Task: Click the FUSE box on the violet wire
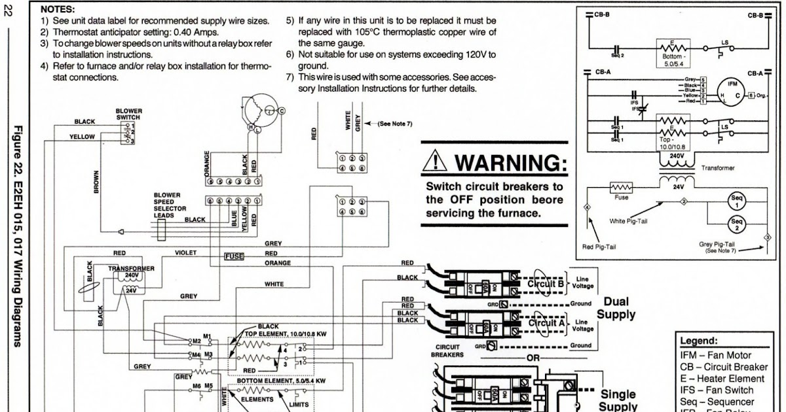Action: click(x=234, y=256)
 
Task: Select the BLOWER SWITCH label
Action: click(x=128, y=114)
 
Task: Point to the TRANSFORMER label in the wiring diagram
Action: click(x=132, y=268)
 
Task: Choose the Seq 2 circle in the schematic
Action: click(x=737, y=225)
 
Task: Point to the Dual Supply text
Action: click(x=616, y=308)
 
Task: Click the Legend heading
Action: click(x=698, y=341)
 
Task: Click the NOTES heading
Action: click(x=58, y=10)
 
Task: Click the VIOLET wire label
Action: click(x=185, y=252)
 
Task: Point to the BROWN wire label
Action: click(x=96, y=182)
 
